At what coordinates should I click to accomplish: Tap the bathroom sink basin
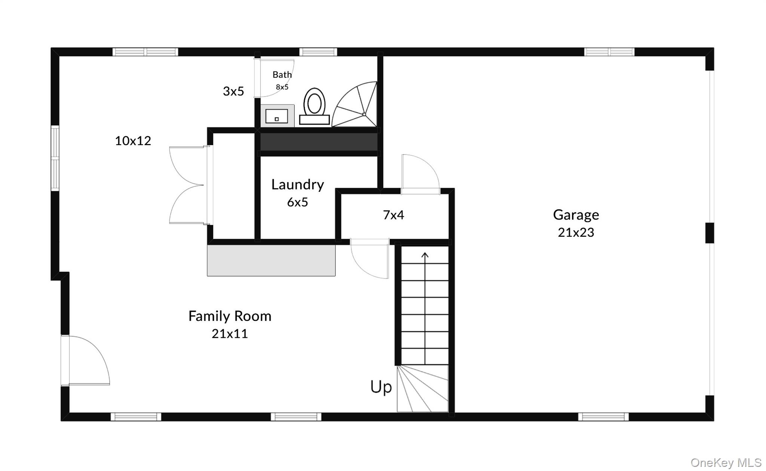(x=277, y=116)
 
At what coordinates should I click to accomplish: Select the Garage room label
(x=576, y=215)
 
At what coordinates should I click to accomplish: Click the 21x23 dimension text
(x=576, y=232)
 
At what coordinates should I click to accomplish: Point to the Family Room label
(x=230, y=316)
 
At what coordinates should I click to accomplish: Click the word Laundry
(x=297, y=184)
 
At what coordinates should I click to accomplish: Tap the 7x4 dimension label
(x=393, y=215)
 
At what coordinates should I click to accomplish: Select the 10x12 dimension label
(x=133, y=141)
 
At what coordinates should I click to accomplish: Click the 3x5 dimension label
(x=233, y=91)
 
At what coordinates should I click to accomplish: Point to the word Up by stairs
(x=381, y=387)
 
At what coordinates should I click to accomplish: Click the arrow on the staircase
(x=425, y=257)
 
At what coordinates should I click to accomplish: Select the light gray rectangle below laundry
(x=271, y=260)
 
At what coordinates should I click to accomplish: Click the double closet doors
(x=187, y=185)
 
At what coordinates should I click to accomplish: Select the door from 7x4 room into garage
(x=420, y=174)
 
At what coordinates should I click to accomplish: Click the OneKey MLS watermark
(x=726, y=463)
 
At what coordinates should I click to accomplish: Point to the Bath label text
(x=282, y=75)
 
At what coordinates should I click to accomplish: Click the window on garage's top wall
(x=609, y=52)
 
